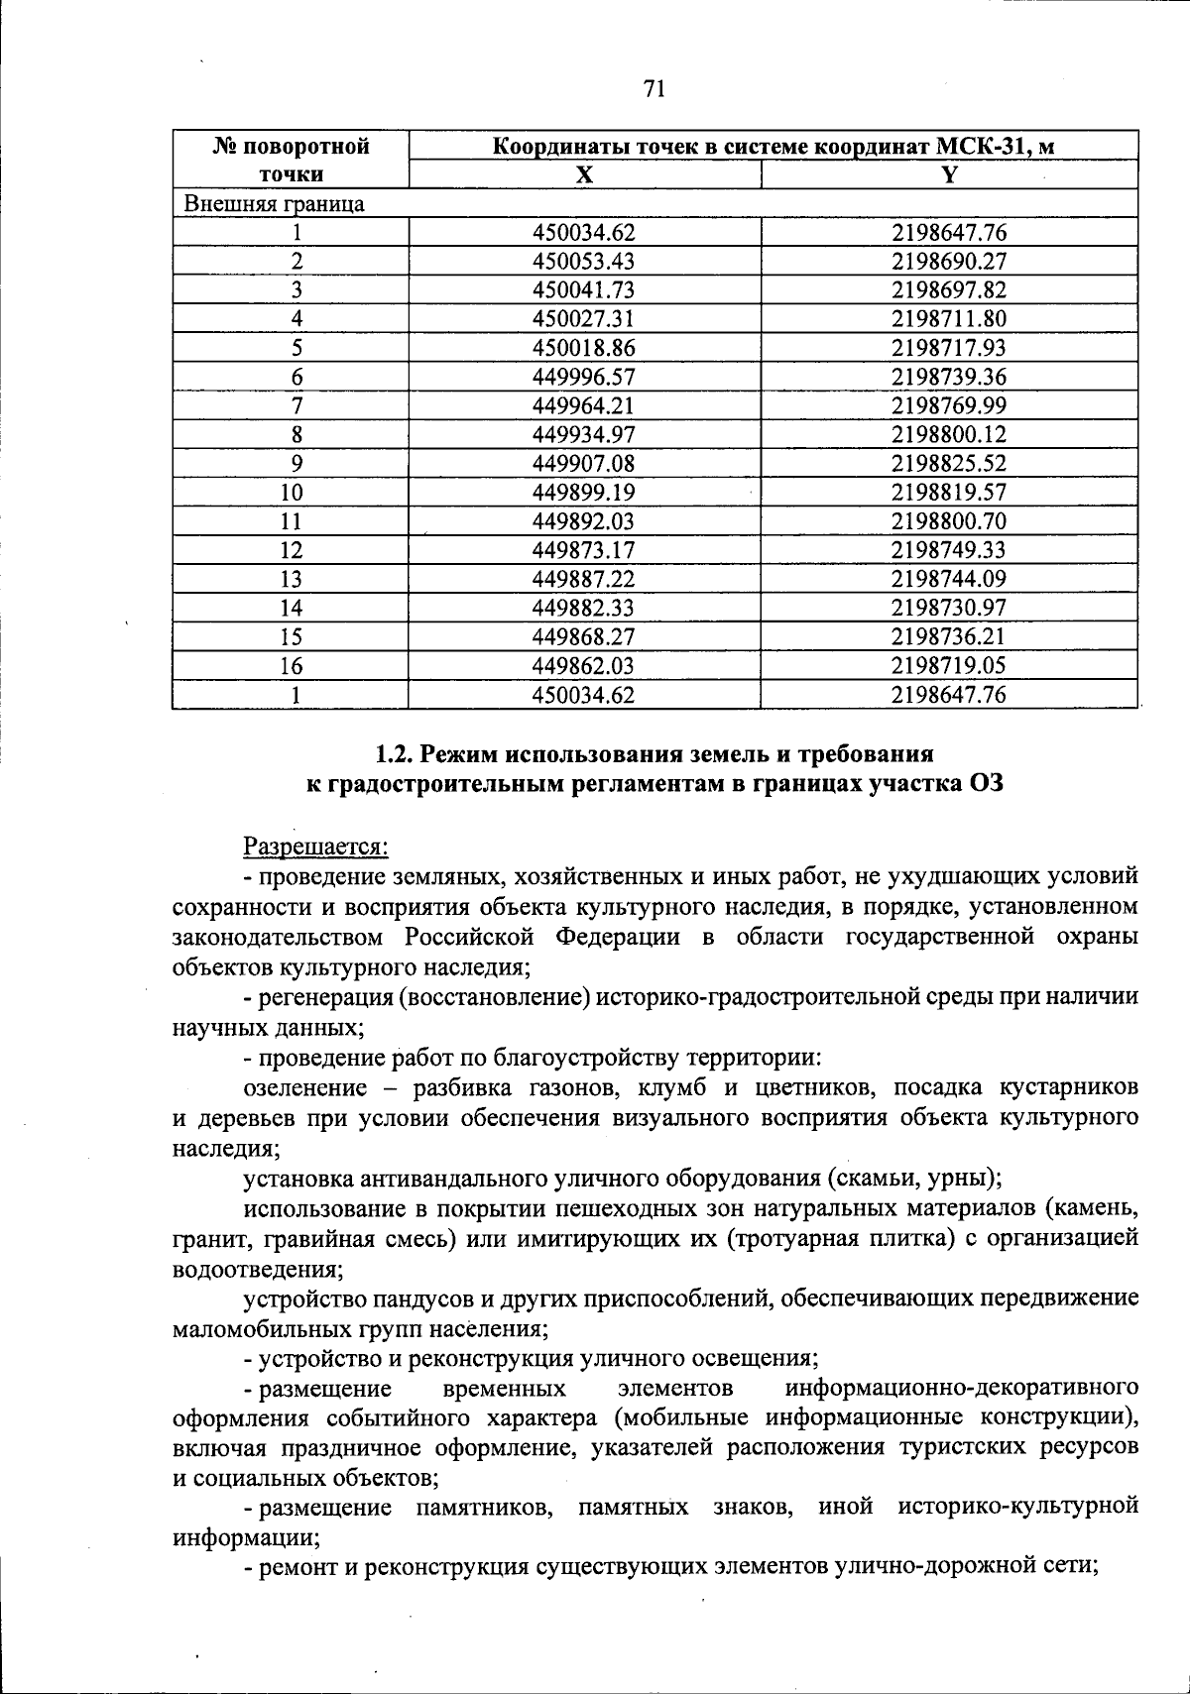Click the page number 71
(x=653, y=90)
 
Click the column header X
(x=585, y=175)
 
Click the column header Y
(x=949, y=175)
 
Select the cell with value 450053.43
(x=583, y=262)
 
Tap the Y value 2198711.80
(x=948, y=319)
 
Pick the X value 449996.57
(x=583, y=377)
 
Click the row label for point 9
(x=296, y=464)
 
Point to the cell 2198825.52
(x=948, y=464)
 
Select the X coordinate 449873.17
(x=583, y=550)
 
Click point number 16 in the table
(x=291, y=665)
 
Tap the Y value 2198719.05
(x=948, y=665)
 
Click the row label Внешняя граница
(x=273, y=204)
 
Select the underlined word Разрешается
(x=315, y=847)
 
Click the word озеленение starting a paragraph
(x=304, y=1088)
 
